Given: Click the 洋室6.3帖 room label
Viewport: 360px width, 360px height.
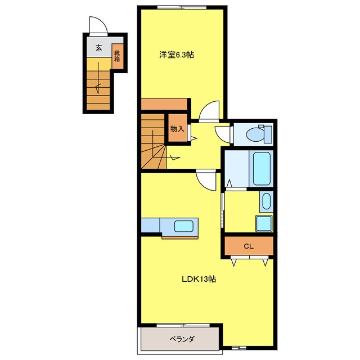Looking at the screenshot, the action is [x=177, y=55].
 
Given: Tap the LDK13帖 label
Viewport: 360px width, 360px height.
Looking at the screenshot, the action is [x=199, y=279].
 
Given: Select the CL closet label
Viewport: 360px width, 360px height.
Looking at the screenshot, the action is [x=249, y=246].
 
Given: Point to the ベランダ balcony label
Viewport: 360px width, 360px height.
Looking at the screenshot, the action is [x=182, y=339].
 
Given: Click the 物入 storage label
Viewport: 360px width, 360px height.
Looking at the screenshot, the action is [x=177, y=129].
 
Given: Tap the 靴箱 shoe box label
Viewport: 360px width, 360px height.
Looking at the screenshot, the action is [x=117, y=56].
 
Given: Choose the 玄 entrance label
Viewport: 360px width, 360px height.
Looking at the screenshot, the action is [x=99, y=48].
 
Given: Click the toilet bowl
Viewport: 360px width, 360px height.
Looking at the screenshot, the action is [x=255, y=134].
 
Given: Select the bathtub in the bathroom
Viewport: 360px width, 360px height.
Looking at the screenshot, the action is [x=262, y=168].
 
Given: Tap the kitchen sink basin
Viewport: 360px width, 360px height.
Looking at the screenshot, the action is [x=183, y=226].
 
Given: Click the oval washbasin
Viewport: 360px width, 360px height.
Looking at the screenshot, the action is [x=266, y=201].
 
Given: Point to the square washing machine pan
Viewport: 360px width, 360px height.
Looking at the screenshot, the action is [x=264, y=223].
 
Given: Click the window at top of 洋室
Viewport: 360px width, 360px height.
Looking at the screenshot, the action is [x=182, y=7].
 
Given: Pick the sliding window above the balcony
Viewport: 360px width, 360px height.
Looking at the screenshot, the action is [x=183, y=325].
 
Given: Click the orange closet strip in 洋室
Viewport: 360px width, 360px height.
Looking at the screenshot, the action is [x=164, y=105].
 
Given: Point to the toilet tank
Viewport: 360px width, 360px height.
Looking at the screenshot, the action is [x=268, y=134].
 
